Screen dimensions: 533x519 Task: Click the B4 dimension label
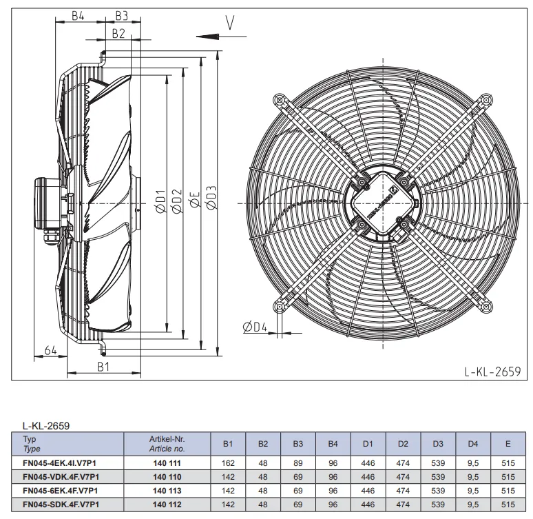[78, 16]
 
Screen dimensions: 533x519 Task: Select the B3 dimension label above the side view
[121, 16]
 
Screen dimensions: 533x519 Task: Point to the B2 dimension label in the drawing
[118, 34]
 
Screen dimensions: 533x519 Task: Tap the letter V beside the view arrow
[230, 23]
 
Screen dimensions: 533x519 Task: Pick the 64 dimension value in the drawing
[51, 350]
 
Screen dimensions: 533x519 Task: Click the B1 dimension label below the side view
[103, 367]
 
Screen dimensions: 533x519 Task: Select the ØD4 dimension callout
[255, 327]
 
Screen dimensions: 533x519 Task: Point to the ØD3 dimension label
[211, 198]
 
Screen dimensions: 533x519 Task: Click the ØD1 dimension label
[160, 201]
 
